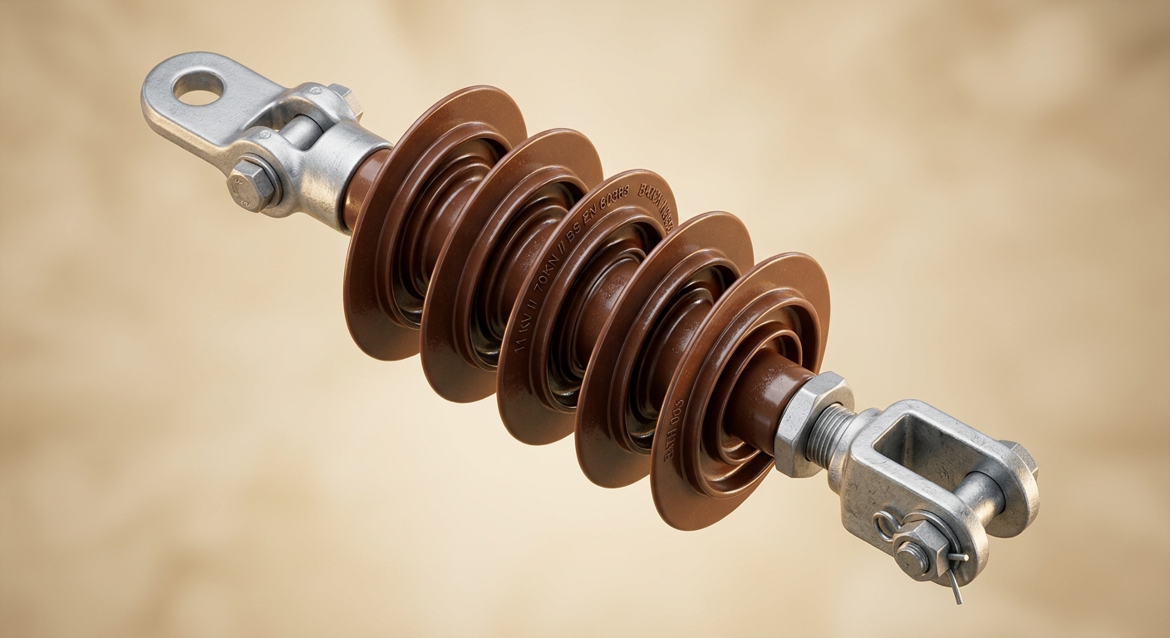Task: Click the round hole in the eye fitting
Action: click(x=198, y=87)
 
